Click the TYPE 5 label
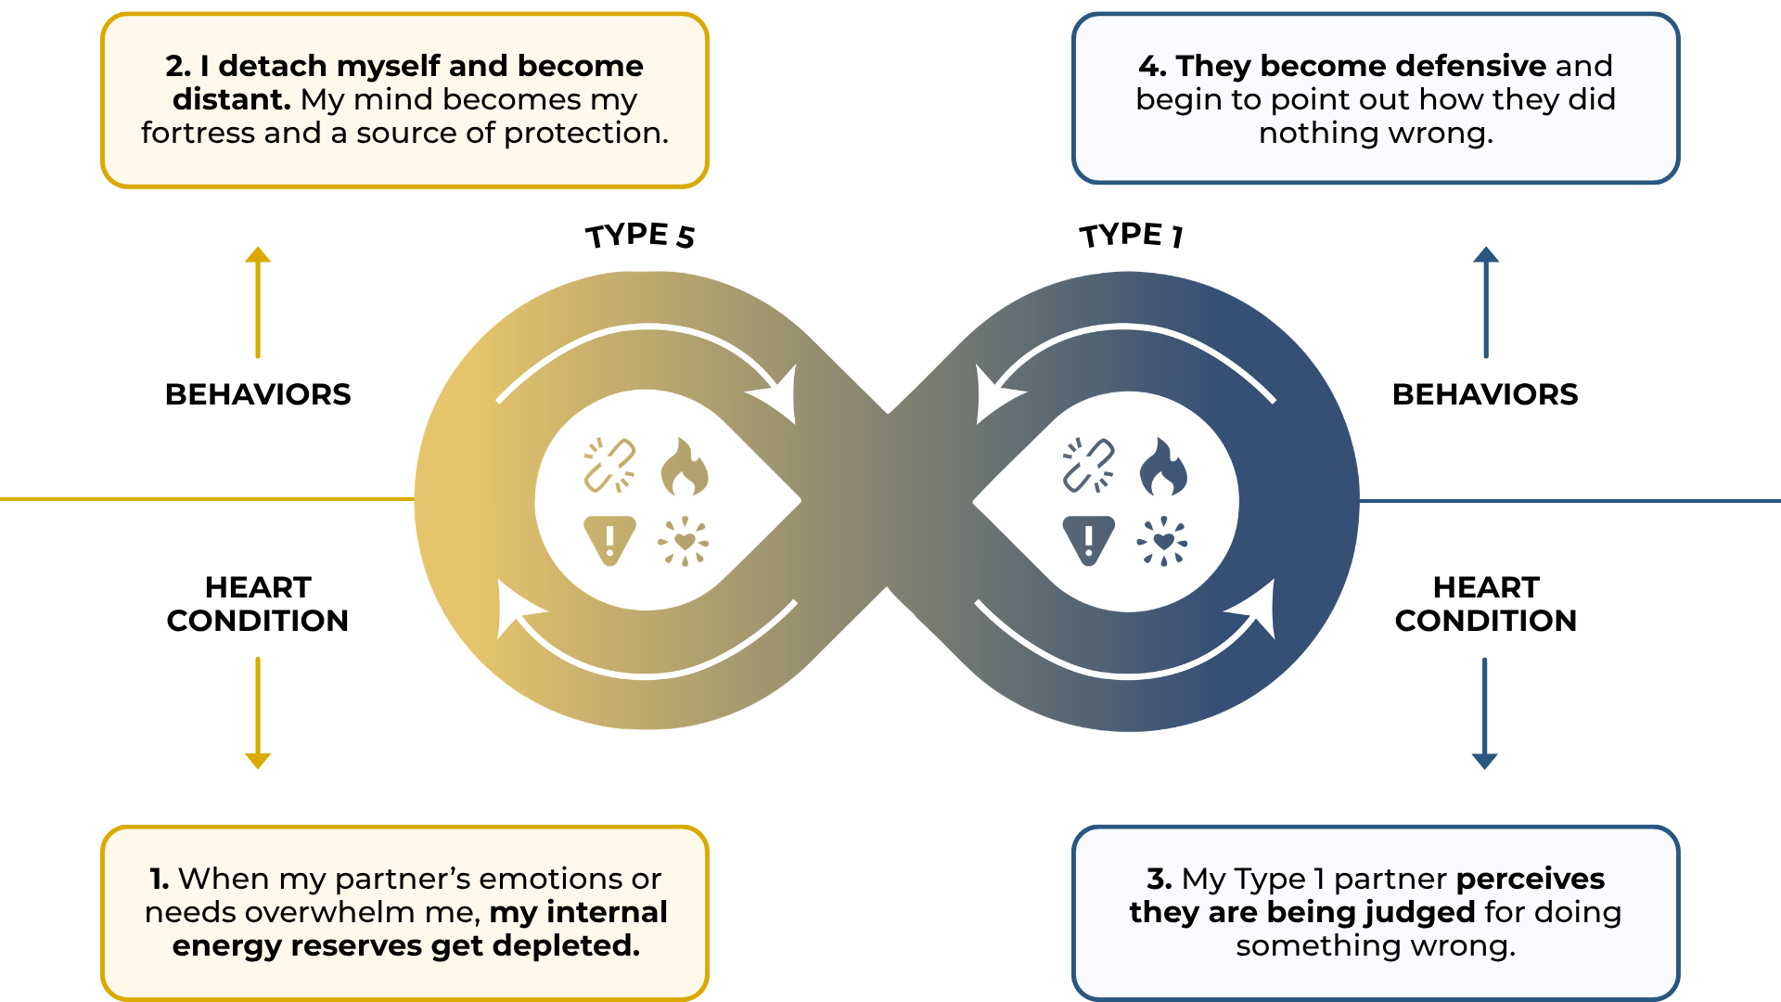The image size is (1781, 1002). pos(639,236)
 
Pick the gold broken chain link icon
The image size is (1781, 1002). pos(609,465)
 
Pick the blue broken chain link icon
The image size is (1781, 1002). pos(1088,465)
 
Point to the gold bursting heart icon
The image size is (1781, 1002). pos(685,541)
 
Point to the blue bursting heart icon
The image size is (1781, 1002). pos(1163,541)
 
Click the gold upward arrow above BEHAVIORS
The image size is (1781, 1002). pos(258,302)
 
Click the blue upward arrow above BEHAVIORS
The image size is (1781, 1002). pos(1486,302)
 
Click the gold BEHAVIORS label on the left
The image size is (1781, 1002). pos(258,394)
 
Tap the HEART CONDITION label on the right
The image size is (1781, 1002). pos(1486,604)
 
